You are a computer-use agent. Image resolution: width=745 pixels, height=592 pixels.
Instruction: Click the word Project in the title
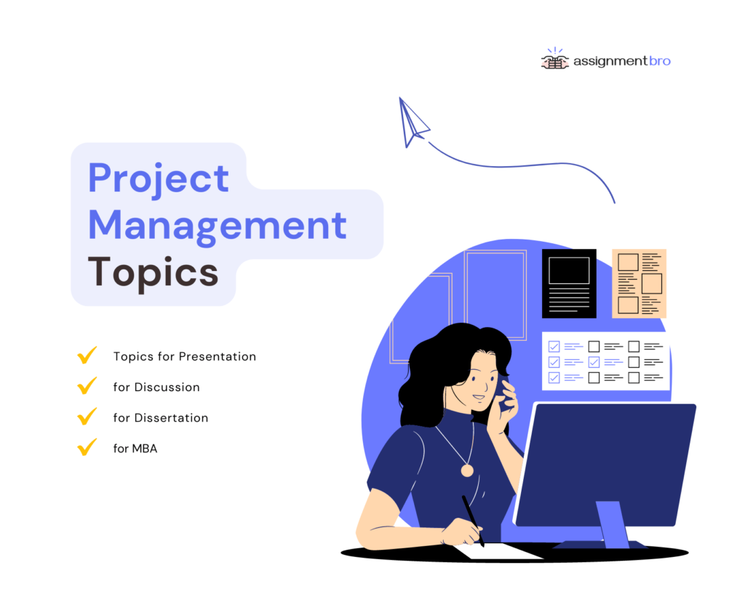tap(159, 178)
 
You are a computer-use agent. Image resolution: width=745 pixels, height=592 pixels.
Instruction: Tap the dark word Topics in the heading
tap(153, 272)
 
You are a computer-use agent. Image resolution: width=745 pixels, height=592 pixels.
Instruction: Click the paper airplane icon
tap(412, 122)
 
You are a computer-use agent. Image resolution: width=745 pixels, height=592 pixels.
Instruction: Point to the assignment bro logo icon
tap(555, 60)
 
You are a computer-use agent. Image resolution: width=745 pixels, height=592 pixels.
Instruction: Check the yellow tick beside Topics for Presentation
tap(87, 356)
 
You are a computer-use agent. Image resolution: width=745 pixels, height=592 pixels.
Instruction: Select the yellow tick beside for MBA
tap(87, 447)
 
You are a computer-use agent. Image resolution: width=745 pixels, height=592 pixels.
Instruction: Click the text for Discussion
tap(156, 387)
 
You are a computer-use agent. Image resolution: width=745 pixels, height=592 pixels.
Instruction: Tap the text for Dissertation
tap(161, 418)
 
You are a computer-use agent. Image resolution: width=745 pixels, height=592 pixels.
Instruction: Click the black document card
tap(569, 283)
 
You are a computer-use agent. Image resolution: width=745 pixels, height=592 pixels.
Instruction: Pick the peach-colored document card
tap(639, 283)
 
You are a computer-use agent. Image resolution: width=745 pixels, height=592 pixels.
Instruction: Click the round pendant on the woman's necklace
tap(467, 470)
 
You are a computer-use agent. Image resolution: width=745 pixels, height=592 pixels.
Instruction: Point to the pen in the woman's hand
tap(472, 520)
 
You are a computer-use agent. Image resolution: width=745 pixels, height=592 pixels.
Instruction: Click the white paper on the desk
tap(502, 551)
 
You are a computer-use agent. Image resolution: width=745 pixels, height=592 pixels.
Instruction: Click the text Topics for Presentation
tap(185, 357)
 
